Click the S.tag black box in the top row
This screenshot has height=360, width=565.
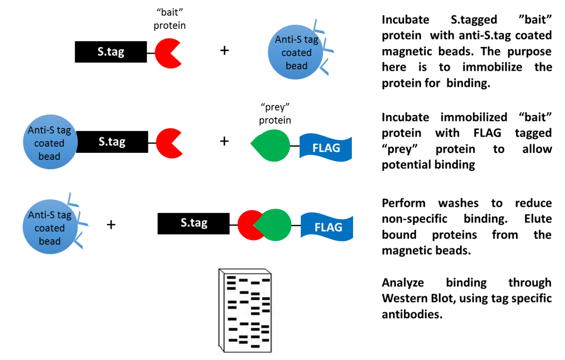[111, 52]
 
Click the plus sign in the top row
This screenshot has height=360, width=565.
[225, 50]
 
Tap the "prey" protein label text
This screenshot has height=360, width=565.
[275, 114]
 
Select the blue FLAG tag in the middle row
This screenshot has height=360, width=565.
[326, 148]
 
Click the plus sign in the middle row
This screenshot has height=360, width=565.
[225, 141]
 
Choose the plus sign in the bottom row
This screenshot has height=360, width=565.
[111, 225]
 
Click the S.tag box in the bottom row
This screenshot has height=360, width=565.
[193, 224]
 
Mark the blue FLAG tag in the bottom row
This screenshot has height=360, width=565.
[327, 227]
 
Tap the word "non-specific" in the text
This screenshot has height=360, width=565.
[414, 219]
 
